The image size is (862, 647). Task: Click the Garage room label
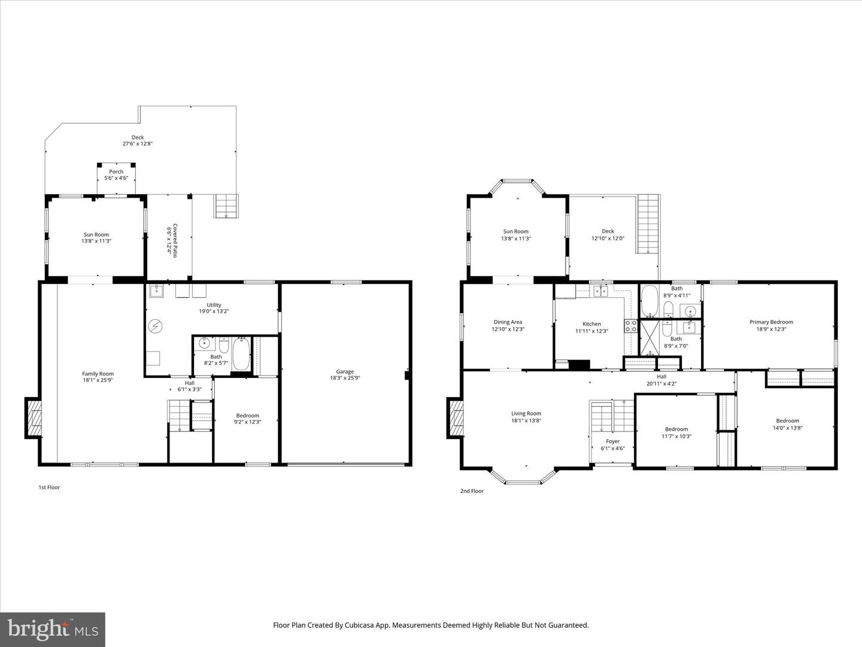pyautogui.click(x=345, y=374)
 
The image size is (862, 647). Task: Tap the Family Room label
pyautogui.click(x=98, y=377)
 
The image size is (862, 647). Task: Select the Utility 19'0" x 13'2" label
pyautogui.click(x=214, y=308)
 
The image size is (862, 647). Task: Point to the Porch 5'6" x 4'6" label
pyautogui.click(x=116, y=174)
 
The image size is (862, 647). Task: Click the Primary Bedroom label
pyautogui.click(x=771, y=325)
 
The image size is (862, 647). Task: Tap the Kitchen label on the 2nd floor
pyautogui.click(x=591, y=327)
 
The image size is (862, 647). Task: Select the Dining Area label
pyautogui.click(x=508, y=325)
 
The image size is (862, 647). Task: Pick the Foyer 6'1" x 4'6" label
pyautogui.click(x=612, y=445)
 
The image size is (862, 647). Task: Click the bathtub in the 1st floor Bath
pyautogui.click(x=241, y=355)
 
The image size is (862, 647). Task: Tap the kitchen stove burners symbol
pyautogui.click(x=631, y=326)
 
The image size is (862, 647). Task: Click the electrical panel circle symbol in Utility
pyautogui.click(x=156, y=326)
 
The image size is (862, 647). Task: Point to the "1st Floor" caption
pyautogui.click(x=49, y=488)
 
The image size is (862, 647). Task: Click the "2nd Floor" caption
pyautogui.click(x=472, y=491)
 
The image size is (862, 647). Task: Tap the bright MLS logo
pyautogui.click(x=53, y=629)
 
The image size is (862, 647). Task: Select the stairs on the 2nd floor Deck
pyautogui.click(x=648, y=224)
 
